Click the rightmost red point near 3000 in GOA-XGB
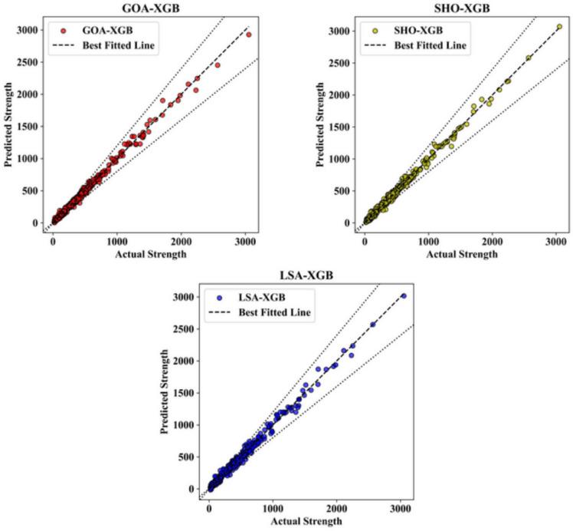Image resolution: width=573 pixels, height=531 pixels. [249, 35]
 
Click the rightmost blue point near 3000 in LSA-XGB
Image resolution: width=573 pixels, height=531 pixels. [404, 295]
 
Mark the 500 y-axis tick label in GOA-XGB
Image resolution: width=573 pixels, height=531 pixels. [31, 190]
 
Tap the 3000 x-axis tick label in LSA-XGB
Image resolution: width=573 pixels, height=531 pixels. [401, 507]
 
